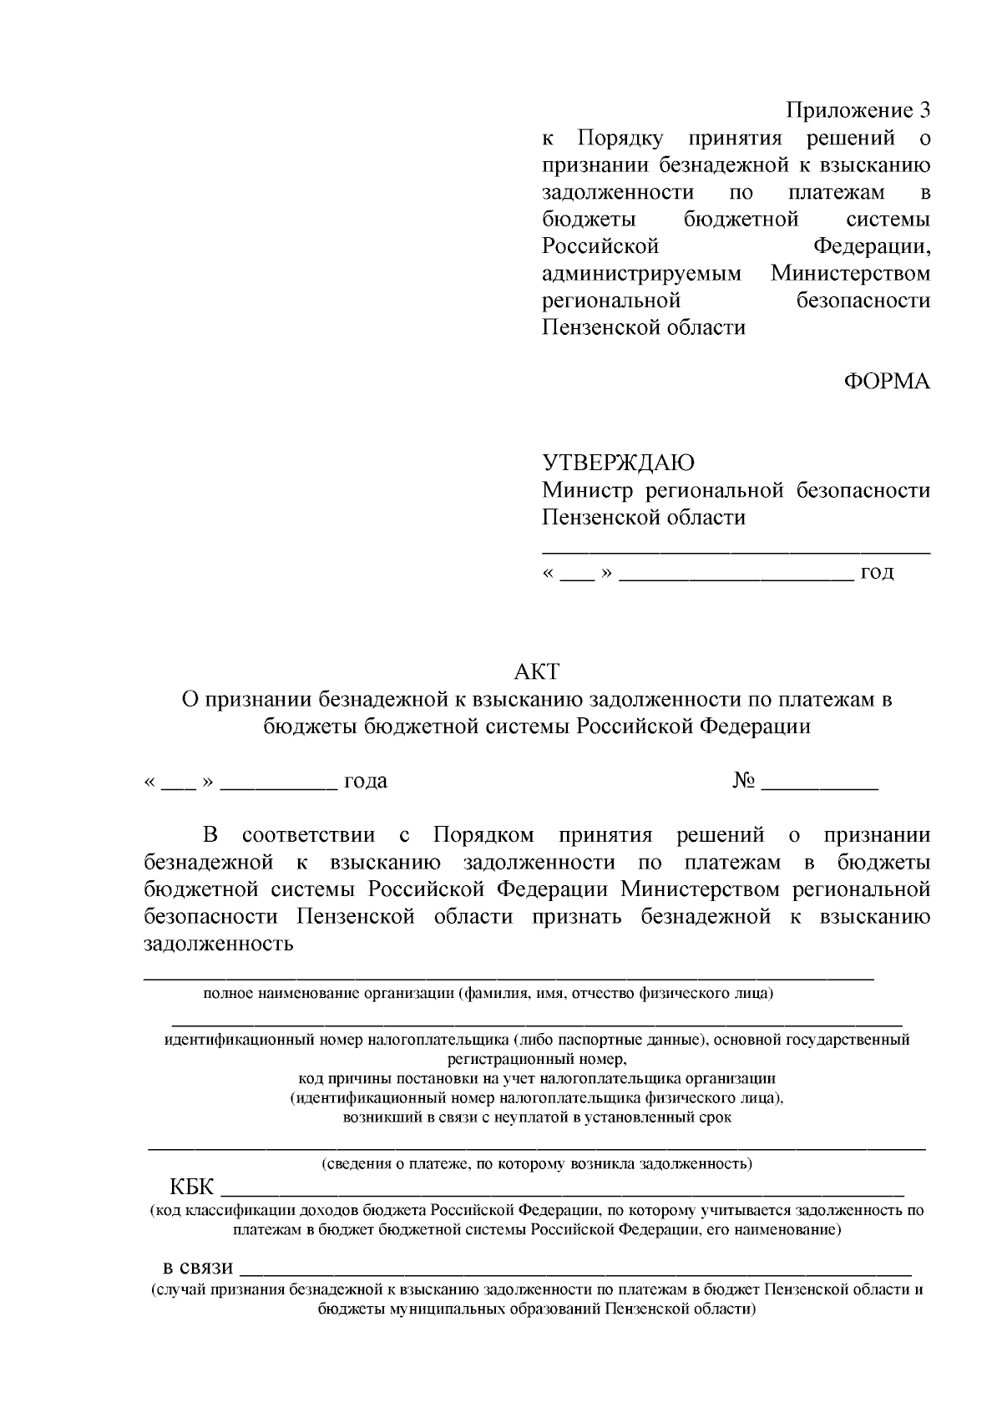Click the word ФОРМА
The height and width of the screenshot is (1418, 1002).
pyautogui.click(x=886, y=382)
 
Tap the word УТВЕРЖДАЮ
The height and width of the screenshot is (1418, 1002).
pyautogui.click(x=618, y=463)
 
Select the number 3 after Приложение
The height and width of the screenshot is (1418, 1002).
pyautogui.click(x=924, y=110)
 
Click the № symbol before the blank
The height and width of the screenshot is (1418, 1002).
pyautogui.click(x=744, y=782)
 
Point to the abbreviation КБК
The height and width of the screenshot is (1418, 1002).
pyautogui.click(x=192, y=1188)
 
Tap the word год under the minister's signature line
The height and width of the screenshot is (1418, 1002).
pyautogui.click(x=877, y=572)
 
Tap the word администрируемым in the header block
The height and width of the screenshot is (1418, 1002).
pyautogui.click(x=641, y=274)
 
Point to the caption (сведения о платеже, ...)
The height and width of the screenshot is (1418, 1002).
pyautogui.click(x=537, y=1163)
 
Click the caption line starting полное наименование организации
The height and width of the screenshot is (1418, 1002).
pyautogui.click(x=488, y=994)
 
